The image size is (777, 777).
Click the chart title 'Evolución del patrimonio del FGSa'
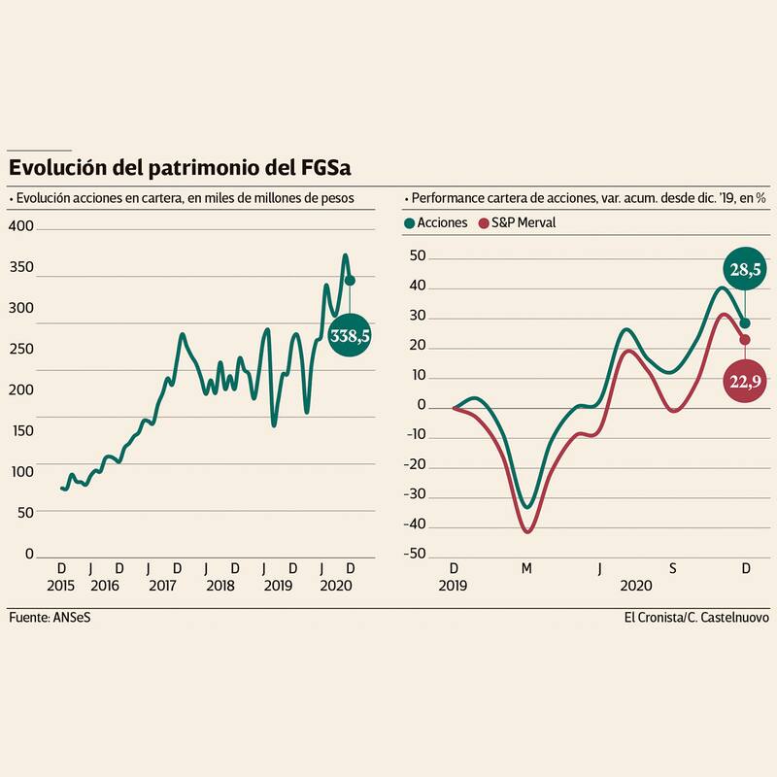(180, 168)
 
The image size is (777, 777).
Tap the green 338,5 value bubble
(351, 335)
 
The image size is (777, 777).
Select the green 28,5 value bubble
(745, 268)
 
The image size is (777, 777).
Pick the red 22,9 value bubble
(745, 382)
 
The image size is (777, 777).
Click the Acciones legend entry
(436, 222)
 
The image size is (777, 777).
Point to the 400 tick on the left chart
(21, 226)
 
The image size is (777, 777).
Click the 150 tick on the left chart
(21, 431)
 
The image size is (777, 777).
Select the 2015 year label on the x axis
(61, 587)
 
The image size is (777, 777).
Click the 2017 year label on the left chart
(162, 587)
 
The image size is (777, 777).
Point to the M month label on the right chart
(526, 568)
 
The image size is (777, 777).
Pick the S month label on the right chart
(672, 568)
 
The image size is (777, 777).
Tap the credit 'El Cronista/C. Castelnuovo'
(695, 618)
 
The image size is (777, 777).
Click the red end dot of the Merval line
(745, 339)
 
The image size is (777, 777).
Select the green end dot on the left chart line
(351, 280)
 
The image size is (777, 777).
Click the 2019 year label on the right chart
(454, 587)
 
